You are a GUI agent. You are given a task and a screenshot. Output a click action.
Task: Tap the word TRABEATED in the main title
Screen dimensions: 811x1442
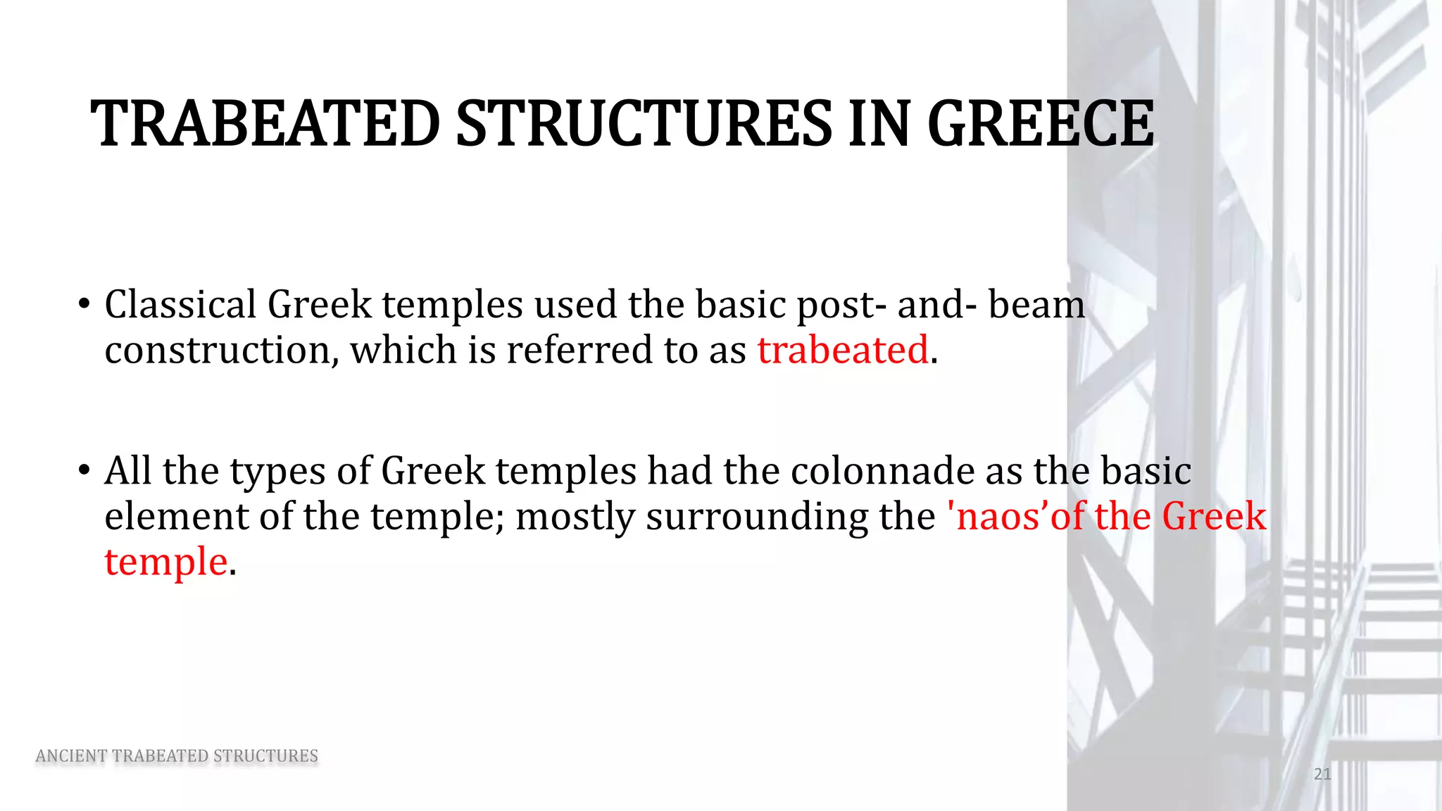(x=265, y=124)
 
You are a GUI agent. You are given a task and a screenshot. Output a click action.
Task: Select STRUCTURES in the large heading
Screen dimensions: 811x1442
(x=644, y=124)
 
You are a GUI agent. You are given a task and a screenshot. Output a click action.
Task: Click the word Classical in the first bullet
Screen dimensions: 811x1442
(x=180, y=305)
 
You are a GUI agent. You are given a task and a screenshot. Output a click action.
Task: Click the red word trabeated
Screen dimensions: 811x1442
(x=843, y=350)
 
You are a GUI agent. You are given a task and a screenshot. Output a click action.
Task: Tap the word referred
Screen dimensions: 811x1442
(x=579, y=350)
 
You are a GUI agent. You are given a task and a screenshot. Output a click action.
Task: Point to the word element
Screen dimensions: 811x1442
(x=176, y=516)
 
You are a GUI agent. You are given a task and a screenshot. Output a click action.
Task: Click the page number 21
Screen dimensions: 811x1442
(x=1322, y=774)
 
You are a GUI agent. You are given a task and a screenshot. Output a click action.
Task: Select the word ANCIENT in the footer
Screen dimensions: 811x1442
(x=70, y=756)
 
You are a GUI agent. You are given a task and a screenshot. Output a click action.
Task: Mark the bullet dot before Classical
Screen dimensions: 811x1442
(x=84, y=305)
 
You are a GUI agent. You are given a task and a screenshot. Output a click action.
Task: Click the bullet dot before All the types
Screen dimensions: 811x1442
(x=84, y=470)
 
